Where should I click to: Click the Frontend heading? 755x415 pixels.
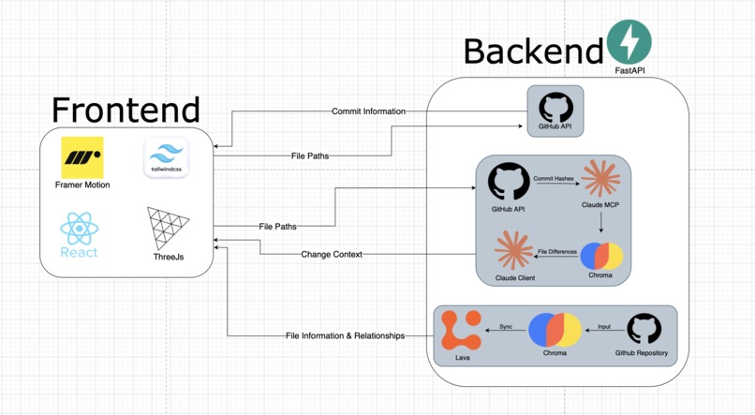tap(126, 110)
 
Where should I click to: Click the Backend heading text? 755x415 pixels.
tap(532, 52)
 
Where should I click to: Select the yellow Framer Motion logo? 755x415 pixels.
tap(82, 156)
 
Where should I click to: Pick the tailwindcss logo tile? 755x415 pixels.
tap(167, 156)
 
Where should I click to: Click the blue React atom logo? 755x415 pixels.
tap(79, 230)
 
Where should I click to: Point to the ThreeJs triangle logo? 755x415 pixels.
tap(168, 229)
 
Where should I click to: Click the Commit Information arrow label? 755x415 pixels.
tap(368, 111)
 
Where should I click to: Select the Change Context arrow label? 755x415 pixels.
tap(332, 254)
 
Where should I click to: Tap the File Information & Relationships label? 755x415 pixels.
tap(345, 335)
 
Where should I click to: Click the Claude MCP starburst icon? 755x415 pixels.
tap(600, 180)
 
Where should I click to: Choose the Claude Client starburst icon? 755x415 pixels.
tap(513, 250)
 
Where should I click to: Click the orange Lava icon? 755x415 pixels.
tap(461, 330)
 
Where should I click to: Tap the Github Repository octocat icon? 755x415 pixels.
tap(644, 330)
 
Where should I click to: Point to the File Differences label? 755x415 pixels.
tap(556, 252)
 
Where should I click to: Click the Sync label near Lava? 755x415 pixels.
tap(506, 326)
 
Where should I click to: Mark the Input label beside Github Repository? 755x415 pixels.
tap(603, 326)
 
